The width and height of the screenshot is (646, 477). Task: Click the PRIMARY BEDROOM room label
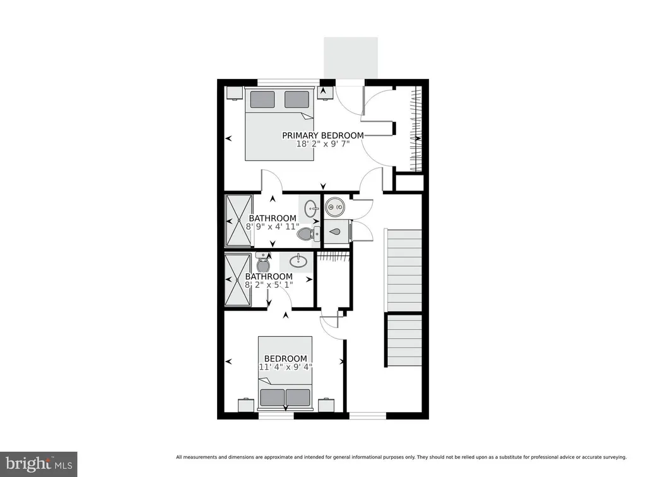322,135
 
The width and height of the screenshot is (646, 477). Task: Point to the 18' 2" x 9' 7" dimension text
322,144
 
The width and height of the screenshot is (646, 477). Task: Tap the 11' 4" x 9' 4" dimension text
285,367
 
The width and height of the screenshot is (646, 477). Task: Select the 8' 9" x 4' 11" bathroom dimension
273,227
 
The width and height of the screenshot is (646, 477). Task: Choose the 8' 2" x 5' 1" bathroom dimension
269,285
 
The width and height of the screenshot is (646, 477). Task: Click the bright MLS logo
38,464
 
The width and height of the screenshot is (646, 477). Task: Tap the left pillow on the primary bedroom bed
262,99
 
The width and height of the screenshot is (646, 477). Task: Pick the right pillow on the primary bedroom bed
297,99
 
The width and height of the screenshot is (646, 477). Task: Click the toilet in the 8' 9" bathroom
308,234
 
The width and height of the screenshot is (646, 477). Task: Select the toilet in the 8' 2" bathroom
263,262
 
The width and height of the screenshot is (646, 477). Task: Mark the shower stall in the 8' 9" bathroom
238,221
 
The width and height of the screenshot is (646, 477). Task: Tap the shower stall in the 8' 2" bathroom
238,280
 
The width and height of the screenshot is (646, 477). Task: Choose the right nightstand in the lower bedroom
326,405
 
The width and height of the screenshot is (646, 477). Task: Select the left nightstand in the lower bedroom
247,405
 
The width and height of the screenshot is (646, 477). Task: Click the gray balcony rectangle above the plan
351,57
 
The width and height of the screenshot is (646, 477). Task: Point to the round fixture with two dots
334,206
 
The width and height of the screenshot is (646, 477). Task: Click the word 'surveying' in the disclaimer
613,457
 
